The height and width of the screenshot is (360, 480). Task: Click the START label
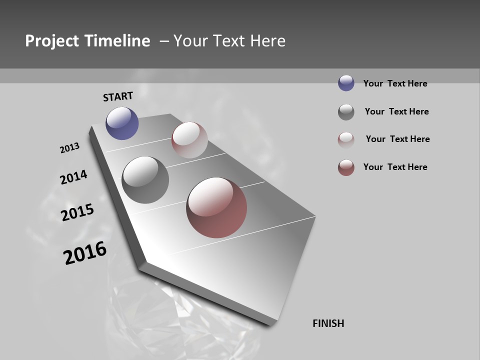point(118,96)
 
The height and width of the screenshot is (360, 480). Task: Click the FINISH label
point(328,323)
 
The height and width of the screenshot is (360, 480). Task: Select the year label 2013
point(69,148)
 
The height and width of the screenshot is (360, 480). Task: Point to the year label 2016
point(85,253)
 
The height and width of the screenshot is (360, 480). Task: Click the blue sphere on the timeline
point(122,123)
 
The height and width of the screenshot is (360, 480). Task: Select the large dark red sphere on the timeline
point(216,207)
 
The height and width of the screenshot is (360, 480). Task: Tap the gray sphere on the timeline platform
point(145,180)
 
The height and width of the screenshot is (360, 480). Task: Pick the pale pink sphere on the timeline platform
point(189,140)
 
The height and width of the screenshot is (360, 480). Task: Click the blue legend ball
point(346,83)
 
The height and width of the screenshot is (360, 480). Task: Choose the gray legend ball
point(346,112)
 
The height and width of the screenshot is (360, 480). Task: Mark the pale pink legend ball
point(346,140)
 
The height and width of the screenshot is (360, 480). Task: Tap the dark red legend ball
point(346,167)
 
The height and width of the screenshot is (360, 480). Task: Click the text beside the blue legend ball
point(395,83)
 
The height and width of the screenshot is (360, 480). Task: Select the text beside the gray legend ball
point(396,111)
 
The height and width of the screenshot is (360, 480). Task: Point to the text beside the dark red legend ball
point(395,167)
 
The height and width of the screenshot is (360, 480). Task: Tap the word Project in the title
point(50,41)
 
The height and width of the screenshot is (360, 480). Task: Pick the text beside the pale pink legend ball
point(397,139)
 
